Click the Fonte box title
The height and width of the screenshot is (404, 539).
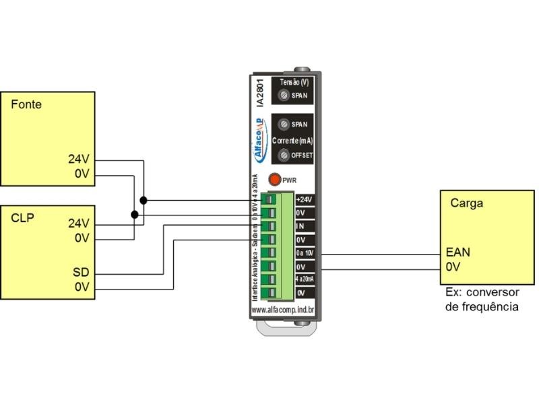coord(26,105)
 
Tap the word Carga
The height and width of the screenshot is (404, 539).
coord(466,203)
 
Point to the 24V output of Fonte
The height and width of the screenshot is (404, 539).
coord(78,160)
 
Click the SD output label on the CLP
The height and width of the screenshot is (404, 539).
coord(82,273)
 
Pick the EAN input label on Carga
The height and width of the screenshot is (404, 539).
coord(457,253)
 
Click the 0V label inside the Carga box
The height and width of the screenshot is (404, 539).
coord(453,267)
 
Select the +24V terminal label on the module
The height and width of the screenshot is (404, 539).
coord(305,200)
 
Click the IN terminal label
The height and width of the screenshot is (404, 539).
coord(300,226)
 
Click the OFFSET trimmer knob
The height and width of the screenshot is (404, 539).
coord(284,156)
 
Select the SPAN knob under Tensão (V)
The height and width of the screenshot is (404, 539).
coord(284,96)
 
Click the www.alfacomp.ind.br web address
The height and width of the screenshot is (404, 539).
coord(283,310)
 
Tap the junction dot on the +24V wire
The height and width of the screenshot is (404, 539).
coord(144,200)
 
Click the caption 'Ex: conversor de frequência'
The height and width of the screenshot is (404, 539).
coord(482,300)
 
